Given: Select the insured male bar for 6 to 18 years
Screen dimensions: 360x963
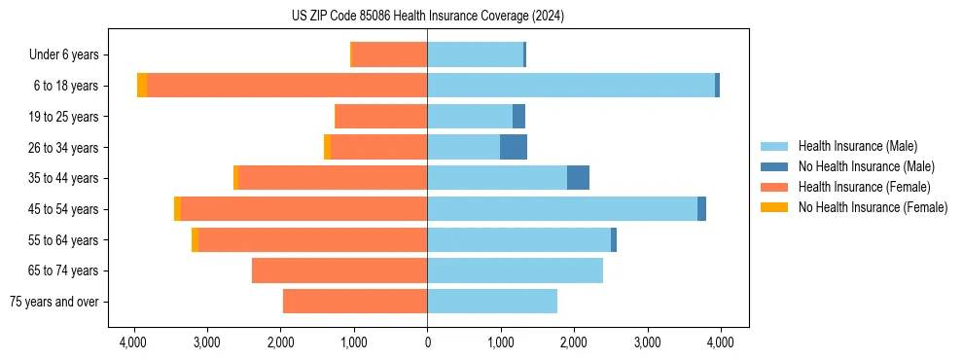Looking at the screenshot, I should [571, 86].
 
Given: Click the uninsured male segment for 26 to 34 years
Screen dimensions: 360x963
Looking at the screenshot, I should [514, 147].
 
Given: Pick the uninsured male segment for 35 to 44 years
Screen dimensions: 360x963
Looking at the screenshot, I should [578, 178].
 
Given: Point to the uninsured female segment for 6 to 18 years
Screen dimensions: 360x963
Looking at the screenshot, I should [142, 86].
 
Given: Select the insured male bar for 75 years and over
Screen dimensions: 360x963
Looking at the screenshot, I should [492, 302].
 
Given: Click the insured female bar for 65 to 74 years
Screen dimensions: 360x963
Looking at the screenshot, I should [339, 270].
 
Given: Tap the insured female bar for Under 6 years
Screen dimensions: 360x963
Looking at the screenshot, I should [389, 54].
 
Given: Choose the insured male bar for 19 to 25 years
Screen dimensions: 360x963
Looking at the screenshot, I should [470, 117].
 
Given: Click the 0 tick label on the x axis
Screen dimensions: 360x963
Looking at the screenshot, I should [427, 342].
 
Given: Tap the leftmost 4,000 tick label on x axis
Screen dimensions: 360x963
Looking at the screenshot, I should [133, 342].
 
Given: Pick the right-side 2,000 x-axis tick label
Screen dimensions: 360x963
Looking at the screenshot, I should [574, 342].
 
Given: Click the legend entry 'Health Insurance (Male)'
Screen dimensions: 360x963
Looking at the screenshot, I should [857, 146].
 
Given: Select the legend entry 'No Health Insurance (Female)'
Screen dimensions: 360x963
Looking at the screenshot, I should [873, 207].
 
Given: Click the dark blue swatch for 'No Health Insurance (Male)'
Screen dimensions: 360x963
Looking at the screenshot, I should [775, 166].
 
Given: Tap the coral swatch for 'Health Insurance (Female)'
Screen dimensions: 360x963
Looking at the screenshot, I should [775, 187].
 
